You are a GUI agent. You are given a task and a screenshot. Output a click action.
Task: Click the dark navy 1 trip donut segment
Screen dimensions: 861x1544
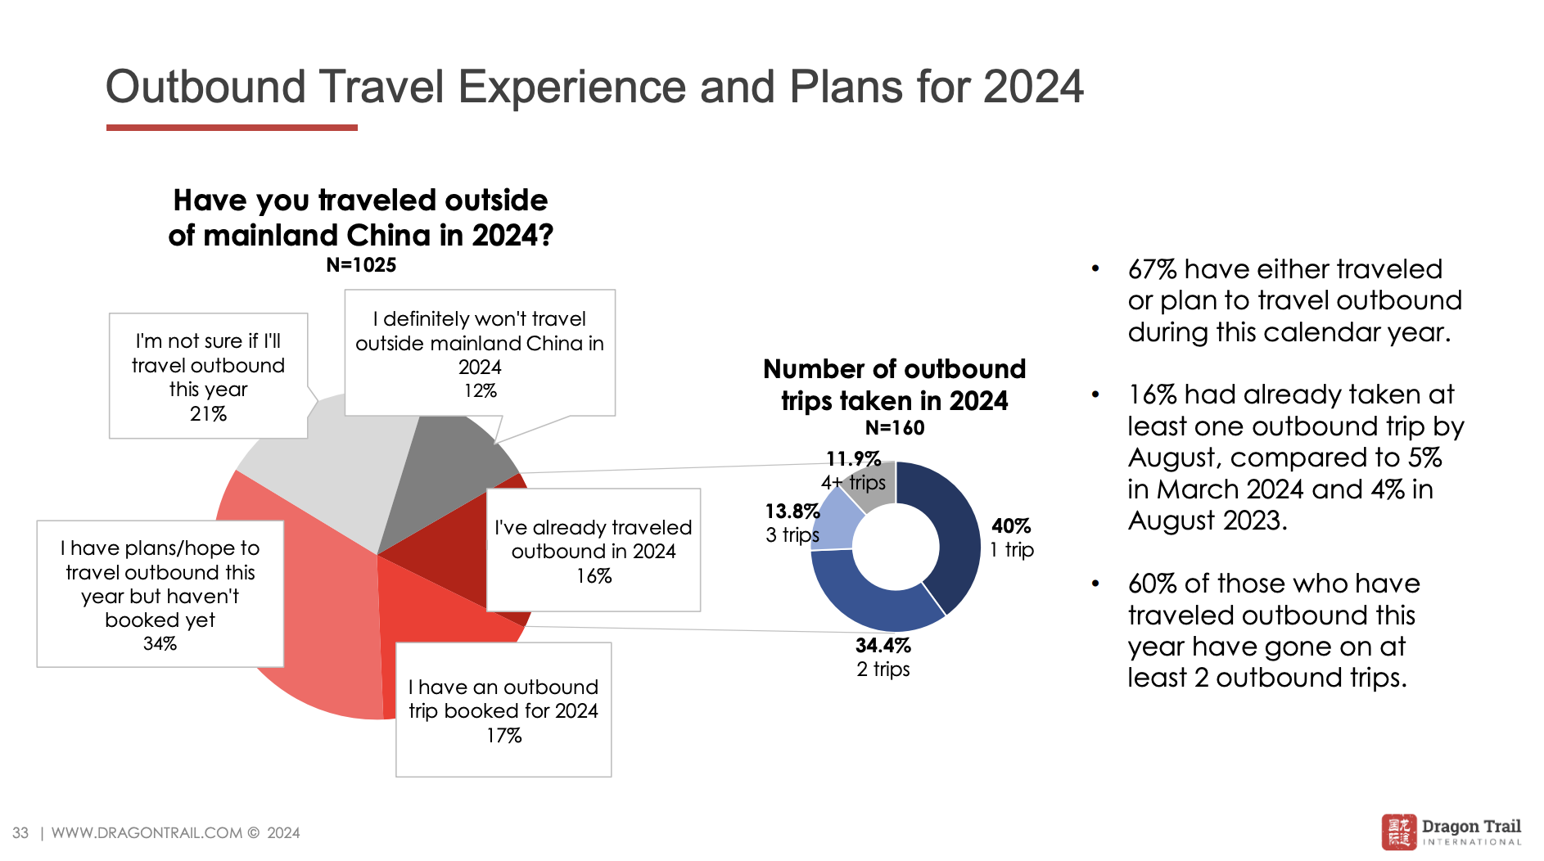tap(956, 532)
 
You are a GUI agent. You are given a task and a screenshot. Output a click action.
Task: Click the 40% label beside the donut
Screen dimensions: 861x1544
tap(1011, 526)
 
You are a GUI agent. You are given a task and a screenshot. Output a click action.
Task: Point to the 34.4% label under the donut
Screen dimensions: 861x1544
tap(883, 646)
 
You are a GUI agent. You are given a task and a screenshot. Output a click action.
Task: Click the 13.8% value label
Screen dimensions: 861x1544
tap(792, 512)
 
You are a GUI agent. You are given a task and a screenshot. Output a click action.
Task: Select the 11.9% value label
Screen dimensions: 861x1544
tap(853, 458)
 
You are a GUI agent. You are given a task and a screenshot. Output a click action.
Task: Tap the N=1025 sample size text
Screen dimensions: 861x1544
tap(361, 265)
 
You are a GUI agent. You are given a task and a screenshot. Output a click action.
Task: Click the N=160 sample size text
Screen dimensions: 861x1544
tap(894, 428)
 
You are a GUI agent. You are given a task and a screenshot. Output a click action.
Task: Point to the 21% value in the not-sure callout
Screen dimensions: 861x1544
tap(208, 414)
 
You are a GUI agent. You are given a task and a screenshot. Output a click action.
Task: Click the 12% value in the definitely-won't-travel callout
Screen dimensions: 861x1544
tap(480, 391)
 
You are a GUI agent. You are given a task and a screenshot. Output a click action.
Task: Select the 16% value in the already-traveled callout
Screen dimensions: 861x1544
tap(594, 576)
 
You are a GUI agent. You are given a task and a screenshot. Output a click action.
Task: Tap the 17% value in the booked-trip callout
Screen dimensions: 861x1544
tap(503, 736)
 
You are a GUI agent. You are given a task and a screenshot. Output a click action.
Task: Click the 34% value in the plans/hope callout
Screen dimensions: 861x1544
tap(160, 644)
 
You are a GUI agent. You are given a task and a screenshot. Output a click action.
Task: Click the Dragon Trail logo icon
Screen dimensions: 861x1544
tap(1398, 832)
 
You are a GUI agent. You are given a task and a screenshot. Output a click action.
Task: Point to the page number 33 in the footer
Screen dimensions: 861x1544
tap(20, 833)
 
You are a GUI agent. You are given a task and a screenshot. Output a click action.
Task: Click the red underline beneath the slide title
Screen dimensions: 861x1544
tap(232, 128)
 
